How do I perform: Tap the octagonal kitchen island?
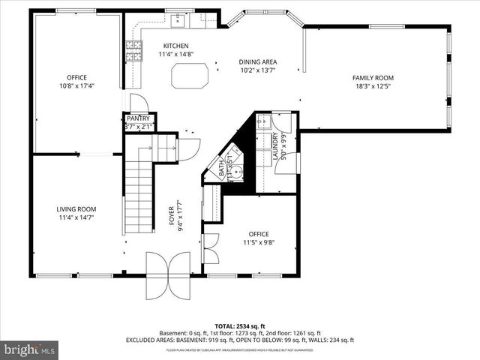[x=190, y=76]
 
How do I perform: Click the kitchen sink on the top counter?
[x=178, y=20]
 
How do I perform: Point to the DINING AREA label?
[x=258, y=61]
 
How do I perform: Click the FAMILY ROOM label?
[x=373, y=78]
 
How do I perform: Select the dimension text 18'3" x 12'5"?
[x=373, y=86]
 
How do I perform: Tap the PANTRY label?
[x=138, y=118]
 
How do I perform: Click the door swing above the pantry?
[x=138, y=103]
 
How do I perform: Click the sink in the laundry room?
[x=262, y=123]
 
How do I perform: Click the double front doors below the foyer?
[x=169, y=274]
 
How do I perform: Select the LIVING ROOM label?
[x=76, y=209]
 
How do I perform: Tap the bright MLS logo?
[x=30, y=350]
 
